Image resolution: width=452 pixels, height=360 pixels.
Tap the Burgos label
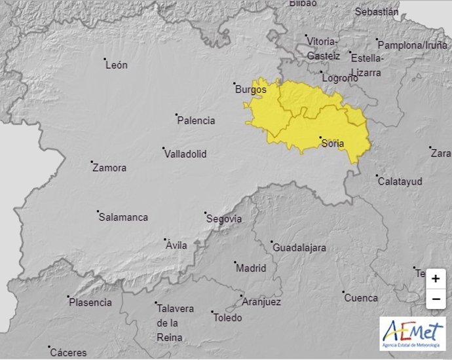[251, 90]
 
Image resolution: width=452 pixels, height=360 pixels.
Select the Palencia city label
[196, 120]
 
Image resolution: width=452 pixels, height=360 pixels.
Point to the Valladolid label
[185, 154]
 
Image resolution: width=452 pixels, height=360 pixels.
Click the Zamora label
[109, 168]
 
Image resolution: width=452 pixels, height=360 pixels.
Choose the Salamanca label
[123, 217]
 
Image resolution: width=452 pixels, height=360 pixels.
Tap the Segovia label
[224, 219]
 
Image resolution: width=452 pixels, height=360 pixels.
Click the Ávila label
[177, 245]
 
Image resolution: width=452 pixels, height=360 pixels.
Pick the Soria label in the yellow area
[333, 144]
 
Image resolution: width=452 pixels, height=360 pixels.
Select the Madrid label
[251, 268]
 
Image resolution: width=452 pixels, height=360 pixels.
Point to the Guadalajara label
[299, 248]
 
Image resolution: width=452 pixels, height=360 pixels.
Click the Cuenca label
[361, 298]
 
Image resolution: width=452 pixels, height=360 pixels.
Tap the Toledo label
[227, 318]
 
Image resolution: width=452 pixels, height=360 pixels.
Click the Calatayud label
[400, 181]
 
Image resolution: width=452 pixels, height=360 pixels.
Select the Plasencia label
[90, 302]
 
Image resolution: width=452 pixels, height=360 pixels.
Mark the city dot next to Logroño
[321, 73]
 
